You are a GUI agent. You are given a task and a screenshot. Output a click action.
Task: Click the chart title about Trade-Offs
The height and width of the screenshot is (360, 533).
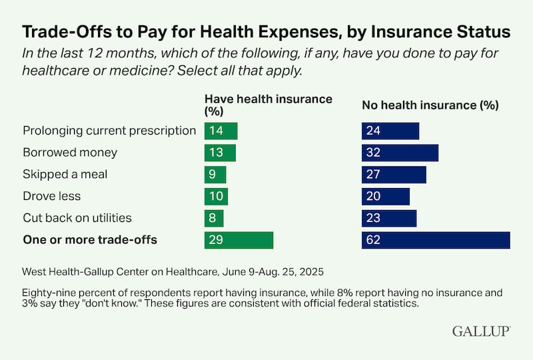tap(266, 31)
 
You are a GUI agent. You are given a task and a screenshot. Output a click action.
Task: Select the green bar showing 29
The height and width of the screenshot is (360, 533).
tap(239, 240)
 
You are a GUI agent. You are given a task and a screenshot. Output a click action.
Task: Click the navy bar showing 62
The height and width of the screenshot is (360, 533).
tap(436, 240)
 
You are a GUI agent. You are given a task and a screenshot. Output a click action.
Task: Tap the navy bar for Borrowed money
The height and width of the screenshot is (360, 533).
tap(400, 153)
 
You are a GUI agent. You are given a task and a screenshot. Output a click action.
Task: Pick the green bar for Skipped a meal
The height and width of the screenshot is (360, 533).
tap(215, 175)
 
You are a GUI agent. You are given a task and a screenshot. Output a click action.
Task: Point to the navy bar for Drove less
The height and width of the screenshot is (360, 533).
tap(385, 197)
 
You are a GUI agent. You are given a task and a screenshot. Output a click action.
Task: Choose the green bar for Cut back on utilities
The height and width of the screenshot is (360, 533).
tap(214, 218)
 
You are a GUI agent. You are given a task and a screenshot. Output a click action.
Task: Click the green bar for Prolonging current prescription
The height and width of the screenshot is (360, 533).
tap(221, 131)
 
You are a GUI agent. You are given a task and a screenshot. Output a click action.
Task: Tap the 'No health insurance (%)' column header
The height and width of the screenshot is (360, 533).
tap(430, 105)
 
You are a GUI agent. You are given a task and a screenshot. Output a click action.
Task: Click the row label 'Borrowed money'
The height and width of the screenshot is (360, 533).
tap(70, 153)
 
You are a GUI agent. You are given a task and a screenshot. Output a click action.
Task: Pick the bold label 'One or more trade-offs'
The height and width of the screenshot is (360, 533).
tap(90, 240)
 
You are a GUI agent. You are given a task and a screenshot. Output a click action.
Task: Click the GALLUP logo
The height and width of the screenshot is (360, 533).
tap(481, 331)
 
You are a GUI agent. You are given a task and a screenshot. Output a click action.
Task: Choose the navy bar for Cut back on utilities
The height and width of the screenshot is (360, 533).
tap(388, 218)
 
